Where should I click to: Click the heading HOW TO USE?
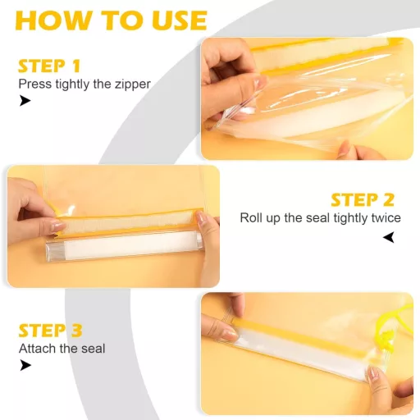[112, 21]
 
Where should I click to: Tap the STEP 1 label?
[49, 66]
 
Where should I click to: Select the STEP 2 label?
[363, 200]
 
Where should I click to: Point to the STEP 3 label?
[50, 331]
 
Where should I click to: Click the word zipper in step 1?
[133, 84]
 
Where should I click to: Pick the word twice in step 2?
[386, 218]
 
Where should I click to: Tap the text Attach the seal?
[62, 349]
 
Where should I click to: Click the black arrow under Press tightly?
[25, 101]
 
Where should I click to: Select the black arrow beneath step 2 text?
[389, 237]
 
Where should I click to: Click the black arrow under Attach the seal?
[25, 365]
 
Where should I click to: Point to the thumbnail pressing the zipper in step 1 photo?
[257, 82]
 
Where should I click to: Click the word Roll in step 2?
[251, 218]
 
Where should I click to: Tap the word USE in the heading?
[180, 21]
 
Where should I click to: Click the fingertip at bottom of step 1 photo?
[347, 150]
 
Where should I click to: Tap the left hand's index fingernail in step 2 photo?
[57, 226]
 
